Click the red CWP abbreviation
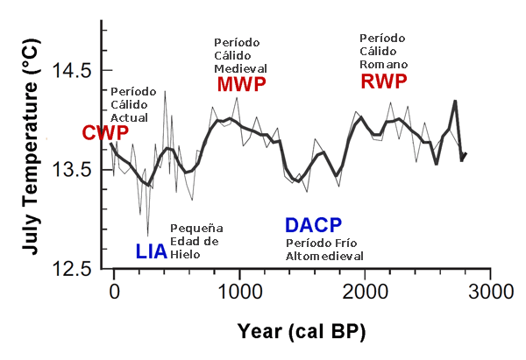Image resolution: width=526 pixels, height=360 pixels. (105, 133)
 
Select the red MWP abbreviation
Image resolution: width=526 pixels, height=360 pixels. (241, 85)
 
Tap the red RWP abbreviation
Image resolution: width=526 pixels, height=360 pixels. (385, 81)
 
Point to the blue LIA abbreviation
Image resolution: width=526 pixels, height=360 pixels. (152, 252)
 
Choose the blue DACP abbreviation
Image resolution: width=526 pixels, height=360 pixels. (313, 224)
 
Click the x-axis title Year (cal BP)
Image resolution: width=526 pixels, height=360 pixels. (302, 332)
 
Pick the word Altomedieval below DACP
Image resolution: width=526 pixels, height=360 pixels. (324, 256)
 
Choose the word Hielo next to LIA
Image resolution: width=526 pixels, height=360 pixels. (185, 254)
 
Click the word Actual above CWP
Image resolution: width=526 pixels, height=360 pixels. (129, 117)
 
